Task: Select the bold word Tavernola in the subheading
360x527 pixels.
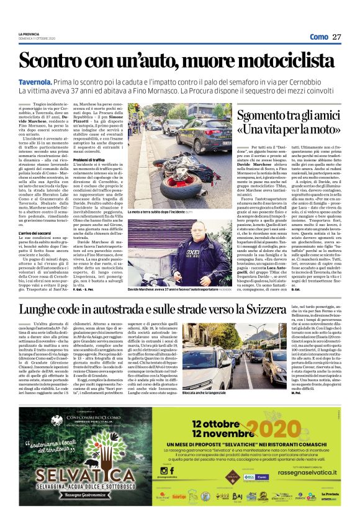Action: (35, 82)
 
